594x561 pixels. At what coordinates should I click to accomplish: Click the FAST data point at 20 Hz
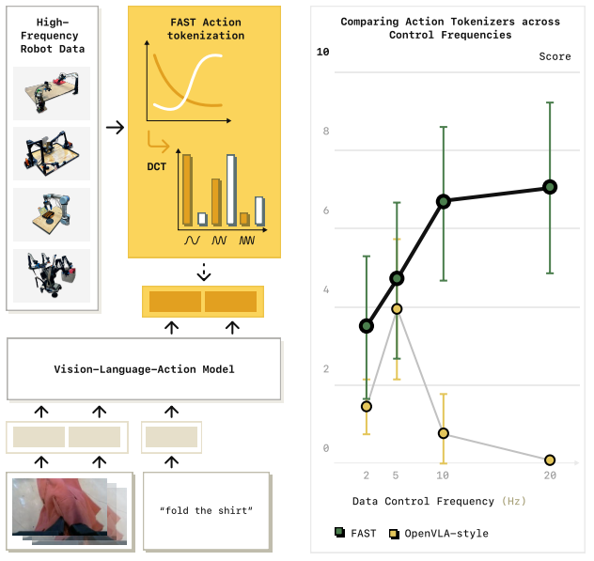click(x=550, y=187)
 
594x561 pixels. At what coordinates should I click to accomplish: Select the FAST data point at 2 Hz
click(x=367, y=326)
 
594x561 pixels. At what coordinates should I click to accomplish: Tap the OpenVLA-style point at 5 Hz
click(x=397, y=309)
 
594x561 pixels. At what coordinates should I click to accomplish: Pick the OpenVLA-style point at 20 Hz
click(x=550, y=460)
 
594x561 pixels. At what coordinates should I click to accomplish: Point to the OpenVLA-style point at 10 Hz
click(x=444, y=433)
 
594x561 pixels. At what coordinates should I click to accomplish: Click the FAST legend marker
click(x=339, y=534)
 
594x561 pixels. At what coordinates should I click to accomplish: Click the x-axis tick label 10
click(x=444, y=475)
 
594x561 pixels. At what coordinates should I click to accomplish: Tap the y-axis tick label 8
click(x=325, y=131)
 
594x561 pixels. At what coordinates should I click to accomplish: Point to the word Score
click(x=555, y=56)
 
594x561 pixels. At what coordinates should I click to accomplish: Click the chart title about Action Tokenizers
click(x=450, y=27)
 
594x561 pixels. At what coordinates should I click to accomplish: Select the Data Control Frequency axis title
click(x=426, y=502)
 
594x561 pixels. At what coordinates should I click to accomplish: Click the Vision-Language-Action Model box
click(x=144, y=369)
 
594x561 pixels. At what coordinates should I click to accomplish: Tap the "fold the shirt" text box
click(x=206, y=510)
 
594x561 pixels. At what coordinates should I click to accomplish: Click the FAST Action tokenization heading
click(x=205, y=29)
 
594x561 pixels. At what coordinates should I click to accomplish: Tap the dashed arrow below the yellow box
click(x=204, y=272)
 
